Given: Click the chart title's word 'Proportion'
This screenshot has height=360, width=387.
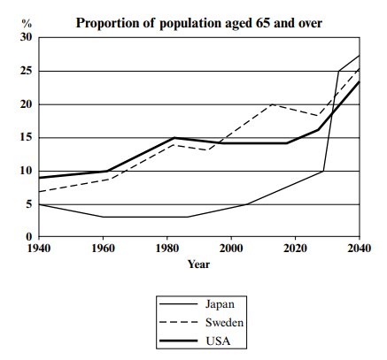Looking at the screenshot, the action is tap(115, 23).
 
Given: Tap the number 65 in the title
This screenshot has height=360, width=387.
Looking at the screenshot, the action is tap(262, 23).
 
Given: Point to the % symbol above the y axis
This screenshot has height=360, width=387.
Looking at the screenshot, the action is tap(27, 23).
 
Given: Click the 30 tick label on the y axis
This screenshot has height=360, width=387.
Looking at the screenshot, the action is tap(26, 37).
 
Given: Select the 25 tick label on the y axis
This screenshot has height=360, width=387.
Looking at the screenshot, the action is tap(26, 71).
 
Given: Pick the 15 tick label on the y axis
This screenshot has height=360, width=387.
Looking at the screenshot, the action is tap(26, 138).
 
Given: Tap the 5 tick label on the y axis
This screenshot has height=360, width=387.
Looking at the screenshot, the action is tap(28, 204).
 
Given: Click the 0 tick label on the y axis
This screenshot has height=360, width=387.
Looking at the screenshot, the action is tap(28, 236).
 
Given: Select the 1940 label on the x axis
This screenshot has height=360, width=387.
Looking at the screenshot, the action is tap(39, 249).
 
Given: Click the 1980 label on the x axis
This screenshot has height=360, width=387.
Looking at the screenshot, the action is tap(167, 249).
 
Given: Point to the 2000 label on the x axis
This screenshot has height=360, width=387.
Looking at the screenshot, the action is tap(231, 249).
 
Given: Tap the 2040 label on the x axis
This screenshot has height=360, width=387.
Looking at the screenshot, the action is tap(360, 249).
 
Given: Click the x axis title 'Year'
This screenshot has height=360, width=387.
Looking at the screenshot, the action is tap(199, 264).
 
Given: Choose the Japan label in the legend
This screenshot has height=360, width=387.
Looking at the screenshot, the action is tap(220, 304).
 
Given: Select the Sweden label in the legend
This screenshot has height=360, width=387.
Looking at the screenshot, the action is tap(225, 323).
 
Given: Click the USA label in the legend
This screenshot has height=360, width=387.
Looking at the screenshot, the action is tap(218, 341).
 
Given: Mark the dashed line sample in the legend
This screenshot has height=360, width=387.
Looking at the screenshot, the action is tap(178, 322).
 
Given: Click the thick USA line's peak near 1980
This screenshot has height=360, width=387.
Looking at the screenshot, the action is tap(174, 138).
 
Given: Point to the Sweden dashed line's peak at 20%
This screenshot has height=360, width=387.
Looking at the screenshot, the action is tap(272, 104).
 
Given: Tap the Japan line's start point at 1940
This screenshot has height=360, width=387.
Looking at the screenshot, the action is tap(39, 204).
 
